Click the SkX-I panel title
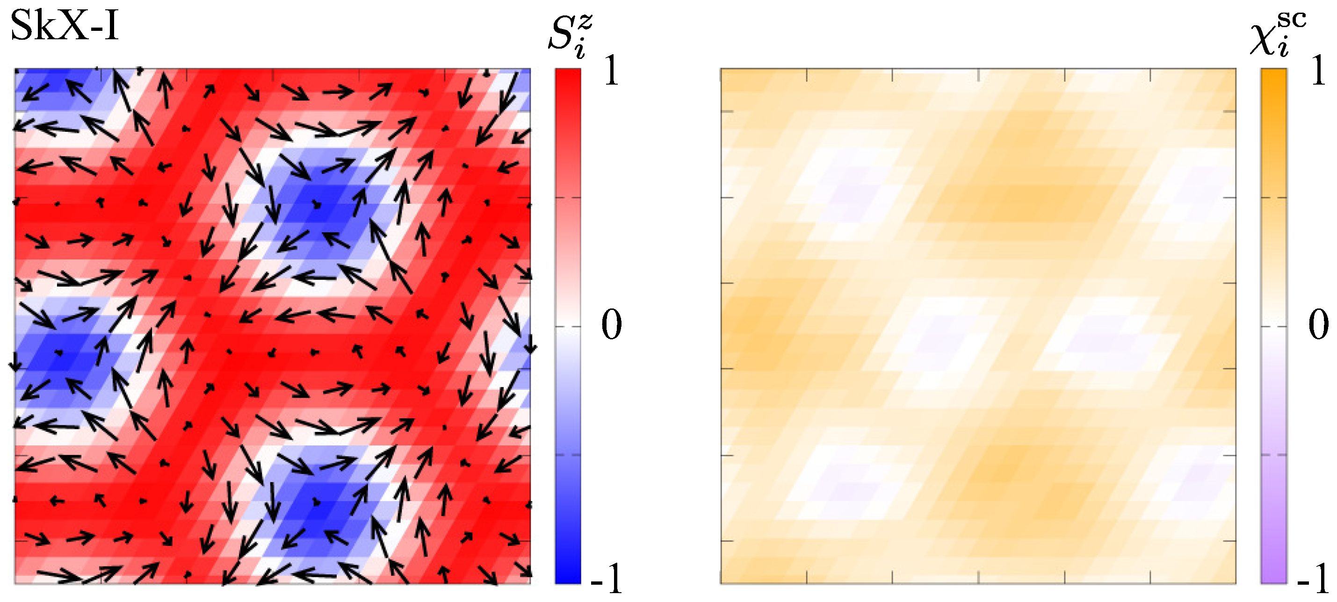point(65,26)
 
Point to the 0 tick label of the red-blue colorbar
point(611,325)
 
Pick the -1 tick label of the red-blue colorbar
point(606,578)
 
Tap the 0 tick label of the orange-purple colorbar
point(1318,325)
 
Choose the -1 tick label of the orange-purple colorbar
point(1313,578)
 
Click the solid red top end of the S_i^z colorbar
point(568,78)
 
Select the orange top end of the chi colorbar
point(1274,78)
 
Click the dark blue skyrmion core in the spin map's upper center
point(317,205)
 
